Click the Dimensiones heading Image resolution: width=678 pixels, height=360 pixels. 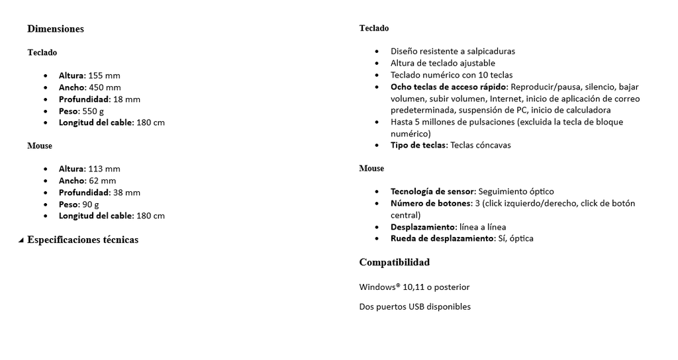pyautogui.click(x=56, y=29)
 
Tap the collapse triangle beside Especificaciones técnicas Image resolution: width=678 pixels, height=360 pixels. pyautogui.click(x=21, y=240)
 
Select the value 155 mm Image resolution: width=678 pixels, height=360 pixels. pyautogui.click(x=104, y=75)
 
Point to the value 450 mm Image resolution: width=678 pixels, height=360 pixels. pyautogui.click(x=105, y=87)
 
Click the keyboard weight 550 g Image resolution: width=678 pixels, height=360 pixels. pyautogui.click(x=93, y=111)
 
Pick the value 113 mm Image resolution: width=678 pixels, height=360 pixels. pyautogui.click(x=104, y=169)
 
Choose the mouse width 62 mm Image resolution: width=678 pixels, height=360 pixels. pyautogui.click(x=102, y=181)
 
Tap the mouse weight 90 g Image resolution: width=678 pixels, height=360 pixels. pyautogui.click(x=90, y=204)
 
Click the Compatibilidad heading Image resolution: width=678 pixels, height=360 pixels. pyautogui.click(x=395, y=263)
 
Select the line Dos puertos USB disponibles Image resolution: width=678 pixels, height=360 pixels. pyautogui.click(x=415, y=306)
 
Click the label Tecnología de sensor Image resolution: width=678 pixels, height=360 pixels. pyautogui.click(x=432, y=191)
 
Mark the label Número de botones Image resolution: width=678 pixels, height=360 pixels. pyautogui.click(x=431, y=203)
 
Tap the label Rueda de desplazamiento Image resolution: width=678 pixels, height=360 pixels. pyautogui.click(x=442, y=238)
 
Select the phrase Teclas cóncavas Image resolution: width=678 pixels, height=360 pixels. pyautogui.click(x=480, y=145)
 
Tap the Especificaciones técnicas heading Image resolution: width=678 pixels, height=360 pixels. pyautogui.click(x=83, y=240)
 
